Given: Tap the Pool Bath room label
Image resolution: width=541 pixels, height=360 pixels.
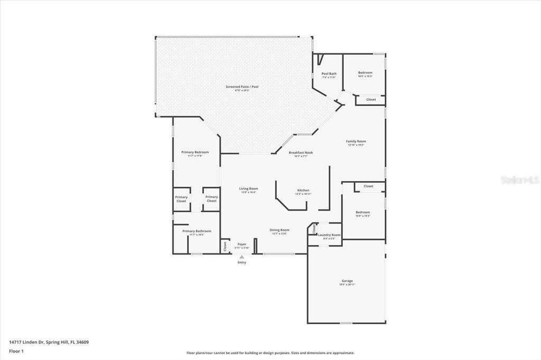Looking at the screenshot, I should click(329, 74).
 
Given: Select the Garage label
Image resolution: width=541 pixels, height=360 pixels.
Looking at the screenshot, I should click(347, 281).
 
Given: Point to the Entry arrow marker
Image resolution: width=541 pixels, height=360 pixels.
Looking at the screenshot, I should click(242, 257).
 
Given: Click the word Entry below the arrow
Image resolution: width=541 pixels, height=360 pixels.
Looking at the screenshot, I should click(242, 262).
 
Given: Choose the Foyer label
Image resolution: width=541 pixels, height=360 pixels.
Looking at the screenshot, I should click(242, 244).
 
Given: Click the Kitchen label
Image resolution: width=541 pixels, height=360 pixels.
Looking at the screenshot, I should click(303, 190).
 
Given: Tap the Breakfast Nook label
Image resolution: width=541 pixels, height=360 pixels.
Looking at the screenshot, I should click(301, 153).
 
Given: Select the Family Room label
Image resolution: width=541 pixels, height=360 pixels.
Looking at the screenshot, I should click(356, 141).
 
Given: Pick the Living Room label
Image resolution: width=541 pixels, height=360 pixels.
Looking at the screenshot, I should click(248, 188).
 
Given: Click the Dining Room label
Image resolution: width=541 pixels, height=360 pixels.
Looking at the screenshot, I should click(279, 230).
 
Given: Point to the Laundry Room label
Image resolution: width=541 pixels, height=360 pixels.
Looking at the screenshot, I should click(329, 235).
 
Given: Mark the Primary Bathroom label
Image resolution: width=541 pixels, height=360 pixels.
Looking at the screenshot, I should click(197, 231).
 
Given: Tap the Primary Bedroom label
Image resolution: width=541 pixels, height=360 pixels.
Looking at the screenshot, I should click(195, 152).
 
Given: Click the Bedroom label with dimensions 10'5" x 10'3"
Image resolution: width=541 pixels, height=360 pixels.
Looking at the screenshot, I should click(365, 73).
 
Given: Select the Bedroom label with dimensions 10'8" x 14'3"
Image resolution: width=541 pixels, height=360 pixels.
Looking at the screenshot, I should click(362, 212).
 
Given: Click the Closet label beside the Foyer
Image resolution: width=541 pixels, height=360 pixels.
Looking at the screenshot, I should click(225, 245).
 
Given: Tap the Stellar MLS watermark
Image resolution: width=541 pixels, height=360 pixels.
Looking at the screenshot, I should click(520, 180).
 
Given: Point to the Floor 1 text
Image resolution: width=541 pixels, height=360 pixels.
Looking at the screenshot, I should click(16, 350).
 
